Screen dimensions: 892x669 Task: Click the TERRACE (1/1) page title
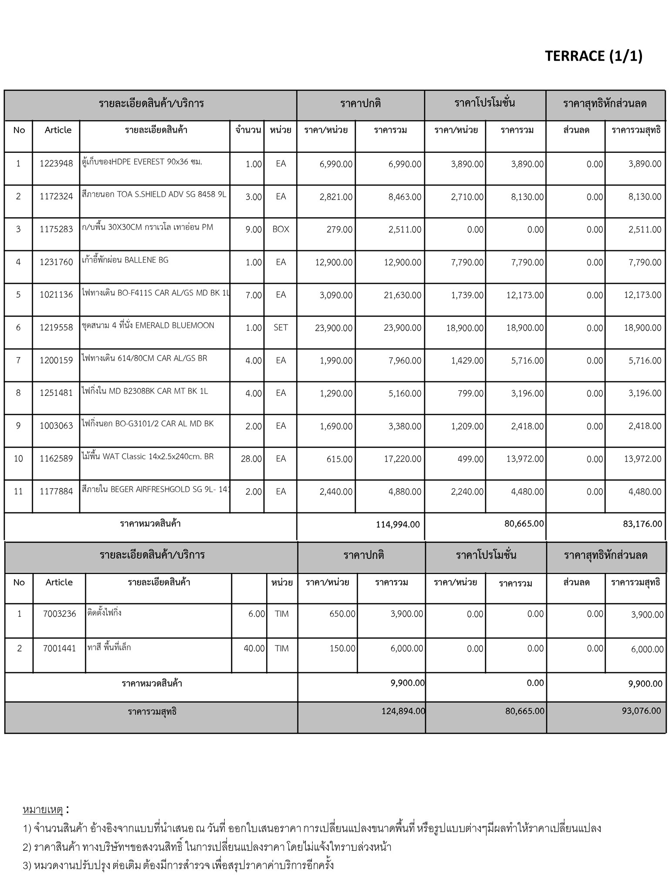pyautogui.click(x=593, y=56)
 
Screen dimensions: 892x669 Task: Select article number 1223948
pyautogui.click(x=56, y=164)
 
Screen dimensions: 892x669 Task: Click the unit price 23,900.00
pyautogui.click(x=334, y=328)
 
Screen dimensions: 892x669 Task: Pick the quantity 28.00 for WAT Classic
pyautogui.click(x=251, y=459)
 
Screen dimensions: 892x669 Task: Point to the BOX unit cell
pyautogui.click(x=280, y=230)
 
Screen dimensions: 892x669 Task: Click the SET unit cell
pyautogui.click(x=280, y=328)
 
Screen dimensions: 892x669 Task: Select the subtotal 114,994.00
pyautogui.click(x=398, y=524)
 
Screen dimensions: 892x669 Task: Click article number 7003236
pyautogui.click(x=59, y=614)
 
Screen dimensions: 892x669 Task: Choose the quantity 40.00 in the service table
pyautogui.click(x=254, y=649)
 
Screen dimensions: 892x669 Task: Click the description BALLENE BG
pyautogui.click(x=125, y=260)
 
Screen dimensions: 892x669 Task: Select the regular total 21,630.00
pyautogui.click(x=402, y=295)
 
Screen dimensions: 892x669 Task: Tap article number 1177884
pyautogui.click(x=56, y=492)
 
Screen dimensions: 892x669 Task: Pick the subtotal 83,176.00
pyautogui.click(x=642, y=524)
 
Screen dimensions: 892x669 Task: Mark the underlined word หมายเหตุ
pyautogui.click(x=43, y=810)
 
